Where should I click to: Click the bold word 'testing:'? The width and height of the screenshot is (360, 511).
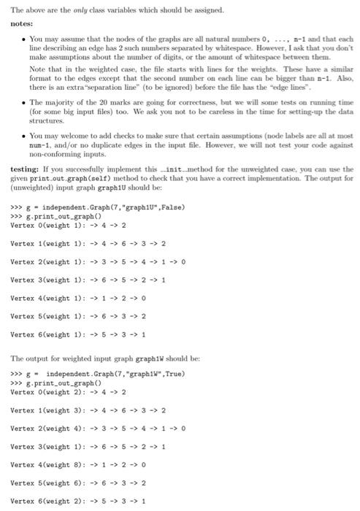coord(24,168)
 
